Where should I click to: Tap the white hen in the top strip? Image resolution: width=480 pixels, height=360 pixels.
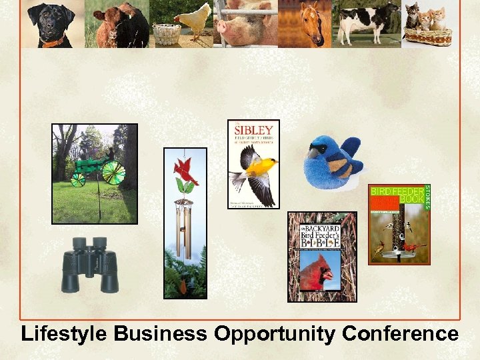(x=193, y=20)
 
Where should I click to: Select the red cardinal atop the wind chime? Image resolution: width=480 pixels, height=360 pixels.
(x=185, y=171)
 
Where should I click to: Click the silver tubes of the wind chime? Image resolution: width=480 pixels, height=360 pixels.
(x=185, y=230)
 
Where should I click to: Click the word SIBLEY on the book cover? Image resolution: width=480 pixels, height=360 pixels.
(x=254, y=130)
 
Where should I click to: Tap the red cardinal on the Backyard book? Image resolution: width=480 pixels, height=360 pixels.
(x=317, y=273)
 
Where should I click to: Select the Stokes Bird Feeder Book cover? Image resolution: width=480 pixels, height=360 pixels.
(x=399, y=224)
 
